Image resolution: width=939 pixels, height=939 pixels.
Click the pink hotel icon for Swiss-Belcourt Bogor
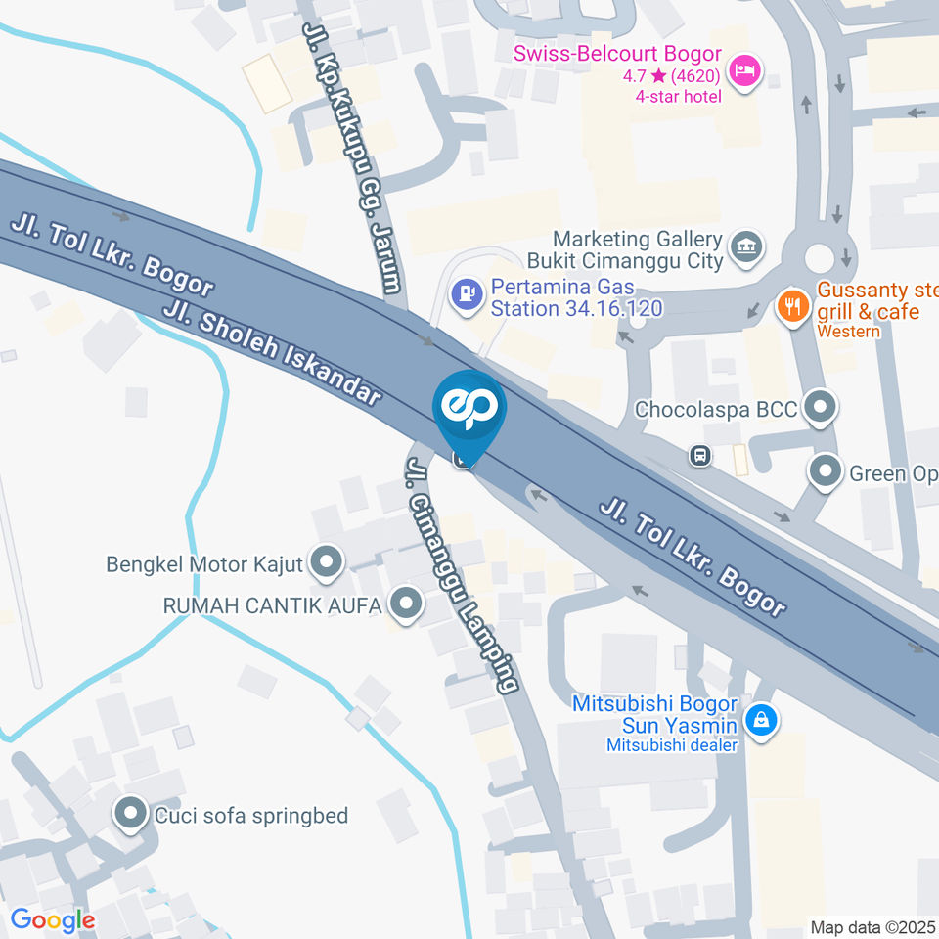pyautogui.click(x=745, y=71)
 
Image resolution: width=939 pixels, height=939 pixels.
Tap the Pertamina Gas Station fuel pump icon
pyautogui.click(x=467, y=292)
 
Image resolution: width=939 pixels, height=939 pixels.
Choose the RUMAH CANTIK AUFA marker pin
pyautogui.click(x=404, y=604)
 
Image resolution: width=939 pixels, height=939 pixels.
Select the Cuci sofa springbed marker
pyautogui.click(x=130, y=813)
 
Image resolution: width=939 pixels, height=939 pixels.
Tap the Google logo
pyautogui.click(x=52, y=919)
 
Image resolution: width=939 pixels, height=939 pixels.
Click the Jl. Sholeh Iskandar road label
pyautogui.click(x=273, y=353)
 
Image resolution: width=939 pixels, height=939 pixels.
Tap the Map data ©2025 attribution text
pyautogui.click(x=873, y=926)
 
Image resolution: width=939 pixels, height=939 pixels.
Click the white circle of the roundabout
pyautogui.click(x=820, y=258)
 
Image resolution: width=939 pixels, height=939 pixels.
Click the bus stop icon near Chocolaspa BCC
pyautogui.click(x=700, y=455)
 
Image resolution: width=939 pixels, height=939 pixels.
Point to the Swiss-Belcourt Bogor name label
pyautogui.click(x=618, y=53)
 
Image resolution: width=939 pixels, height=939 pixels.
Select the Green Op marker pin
pyautogui.click(x=827, y=472)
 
